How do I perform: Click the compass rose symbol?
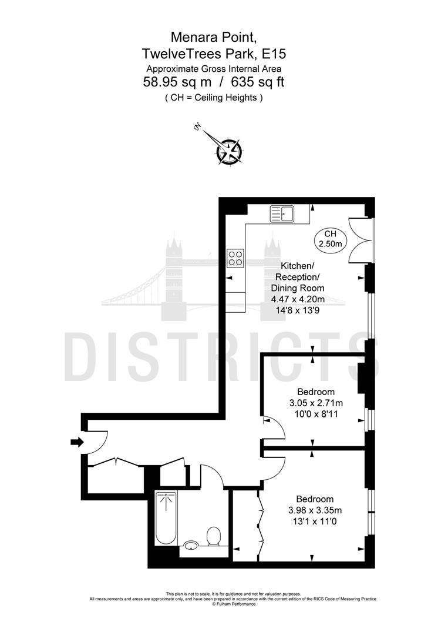click(x=228, y=151)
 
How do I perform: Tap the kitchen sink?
click(x=282, y=214)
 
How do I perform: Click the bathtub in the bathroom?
click(x=166, y=517)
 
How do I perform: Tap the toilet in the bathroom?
click(x=213, y=536)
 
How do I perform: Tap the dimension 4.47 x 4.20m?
click(x=299, y=299)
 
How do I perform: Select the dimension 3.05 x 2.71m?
click(x=316, y=403)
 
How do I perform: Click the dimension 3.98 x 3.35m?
click(x=315, y=510)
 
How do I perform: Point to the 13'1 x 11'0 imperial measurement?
click(x=315, y=521)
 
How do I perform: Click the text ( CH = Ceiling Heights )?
click(x=214, y=98)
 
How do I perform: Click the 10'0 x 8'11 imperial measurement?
click(x=316, y=414)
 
